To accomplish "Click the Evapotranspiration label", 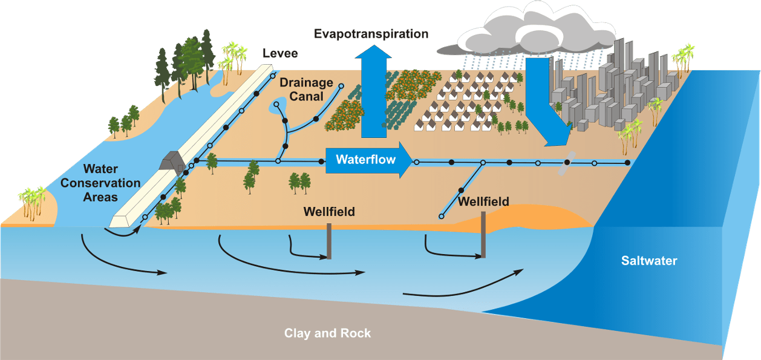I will coord(371,34).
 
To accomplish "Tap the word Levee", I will coord(280,54).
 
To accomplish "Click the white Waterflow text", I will coord(365,160).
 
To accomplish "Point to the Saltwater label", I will coord(649,261).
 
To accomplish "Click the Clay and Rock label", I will coord(327,333).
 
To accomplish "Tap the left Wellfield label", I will coord(329,212).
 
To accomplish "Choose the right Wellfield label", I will coord(483,202).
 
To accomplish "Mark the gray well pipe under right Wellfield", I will coord(483,236).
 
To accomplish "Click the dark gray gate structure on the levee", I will coord(173,161).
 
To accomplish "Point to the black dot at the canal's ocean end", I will coord(627,163).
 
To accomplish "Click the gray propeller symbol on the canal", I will coord(567,162).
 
